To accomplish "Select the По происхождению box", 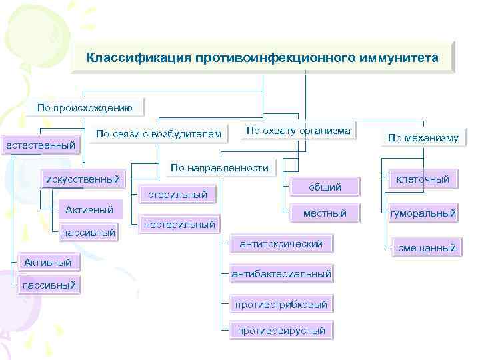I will (85, 107).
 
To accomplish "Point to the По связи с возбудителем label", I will (158, 135).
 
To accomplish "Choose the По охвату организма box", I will (298, 131).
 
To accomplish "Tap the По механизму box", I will (423, 138).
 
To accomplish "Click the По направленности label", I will (219, 168).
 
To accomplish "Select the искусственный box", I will (82, 179).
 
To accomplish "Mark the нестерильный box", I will (180, 225).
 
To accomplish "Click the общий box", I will (325, 187).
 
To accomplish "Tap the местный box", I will (325, 213).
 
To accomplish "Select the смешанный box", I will (427, 248).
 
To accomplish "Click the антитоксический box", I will (281, 244).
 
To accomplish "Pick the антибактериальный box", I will (281, 274).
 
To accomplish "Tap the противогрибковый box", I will (281, 305).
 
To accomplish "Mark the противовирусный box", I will (281, 330).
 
